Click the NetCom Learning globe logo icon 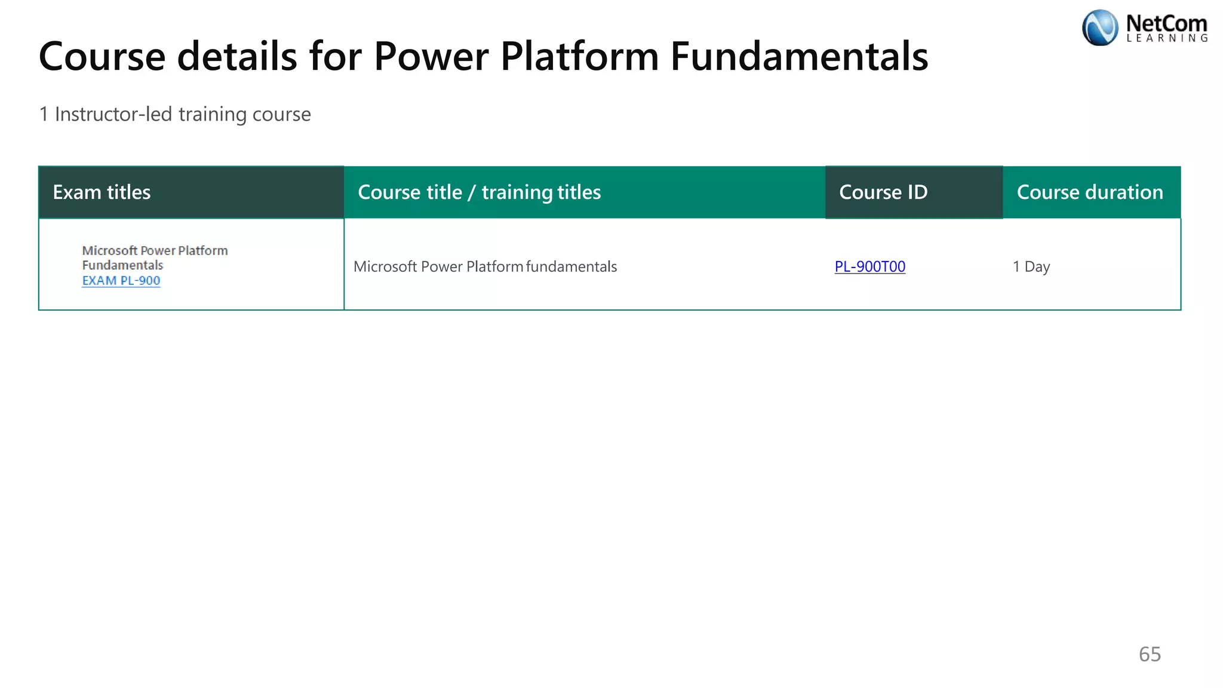[1099, 28]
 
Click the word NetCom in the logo [1166, 23]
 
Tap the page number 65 [1150, 654]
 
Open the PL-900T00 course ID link [869, 266]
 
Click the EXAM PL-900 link [121, 281]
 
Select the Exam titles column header [102, 192]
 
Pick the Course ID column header [883, 192]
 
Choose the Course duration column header [1090, 192]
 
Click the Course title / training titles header [479, 192]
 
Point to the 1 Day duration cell [1031, 266]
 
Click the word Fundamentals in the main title [799, 57]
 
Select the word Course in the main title [102, 57]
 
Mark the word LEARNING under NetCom [1167, 38]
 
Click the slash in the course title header [472, 192]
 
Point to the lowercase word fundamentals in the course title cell [571, 266]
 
